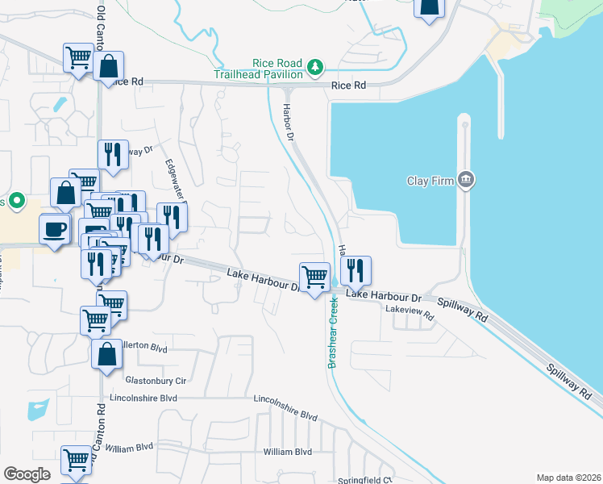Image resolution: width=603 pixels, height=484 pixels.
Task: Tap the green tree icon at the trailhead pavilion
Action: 317,68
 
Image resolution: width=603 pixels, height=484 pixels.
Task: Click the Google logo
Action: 27,474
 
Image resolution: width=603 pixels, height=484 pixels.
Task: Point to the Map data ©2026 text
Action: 568,478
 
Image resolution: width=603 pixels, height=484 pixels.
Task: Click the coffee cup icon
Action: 55,229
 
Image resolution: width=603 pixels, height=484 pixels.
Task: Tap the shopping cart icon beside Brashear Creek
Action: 314,277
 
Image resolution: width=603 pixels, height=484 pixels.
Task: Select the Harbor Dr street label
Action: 288,122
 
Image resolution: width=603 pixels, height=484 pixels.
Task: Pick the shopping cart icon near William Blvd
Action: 77,461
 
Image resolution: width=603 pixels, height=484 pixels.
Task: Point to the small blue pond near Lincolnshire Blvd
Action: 37,410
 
